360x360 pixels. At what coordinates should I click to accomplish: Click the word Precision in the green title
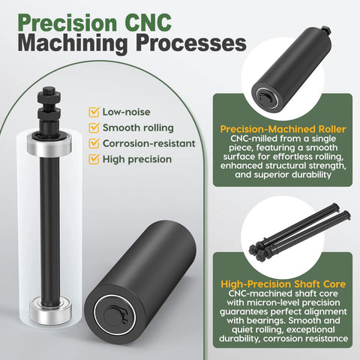tap(67, 23)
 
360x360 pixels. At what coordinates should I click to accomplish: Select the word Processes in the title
tap(191, 43)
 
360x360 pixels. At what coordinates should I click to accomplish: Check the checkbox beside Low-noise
tap(94, 112)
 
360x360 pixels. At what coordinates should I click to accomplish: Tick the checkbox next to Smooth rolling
tap(94, 127)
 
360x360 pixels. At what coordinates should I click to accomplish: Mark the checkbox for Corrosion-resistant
tap(94, 143)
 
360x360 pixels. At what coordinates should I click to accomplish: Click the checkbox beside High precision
tap(94, 159)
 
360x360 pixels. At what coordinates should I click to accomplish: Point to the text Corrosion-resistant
tap(149, 143)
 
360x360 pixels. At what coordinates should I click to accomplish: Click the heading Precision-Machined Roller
tap(283, 129)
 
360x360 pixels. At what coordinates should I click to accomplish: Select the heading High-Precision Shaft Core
tap(283, 284)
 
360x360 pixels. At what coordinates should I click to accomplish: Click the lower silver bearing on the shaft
tap(51, 311)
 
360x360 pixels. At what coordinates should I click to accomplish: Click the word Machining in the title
tap(73, 44)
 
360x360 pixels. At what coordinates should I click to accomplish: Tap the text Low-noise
tap(127, 112)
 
